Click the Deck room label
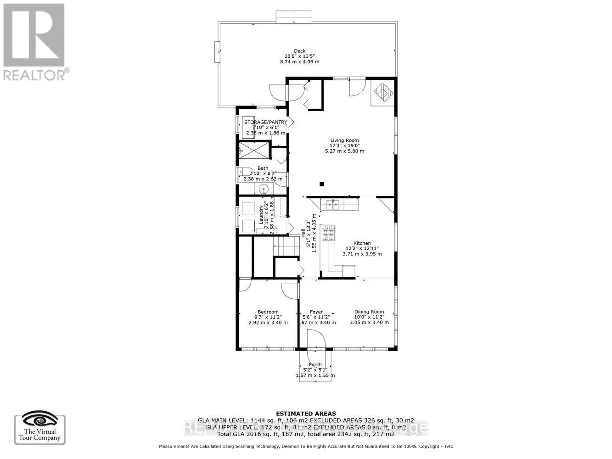click(x=299, y=51)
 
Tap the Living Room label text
click(x=344, y=140)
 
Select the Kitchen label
click(x=362, y=243)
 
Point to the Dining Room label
click(x=369, y=312)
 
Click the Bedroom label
click(x=268, y=312)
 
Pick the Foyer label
click(x=316, y=312)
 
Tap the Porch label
click(x=315, y=364)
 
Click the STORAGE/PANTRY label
click(x=265, y=122)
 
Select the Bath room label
click(x=263, y=168)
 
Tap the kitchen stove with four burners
click(x=328, y=233)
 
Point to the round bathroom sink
click(x=264, y=189)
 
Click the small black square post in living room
click(x=322, y=185)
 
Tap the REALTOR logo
click(x=34, y=41)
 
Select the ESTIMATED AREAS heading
click(x=305, y=414)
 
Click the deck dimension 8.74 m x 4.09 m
click(x=299, y=62)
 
